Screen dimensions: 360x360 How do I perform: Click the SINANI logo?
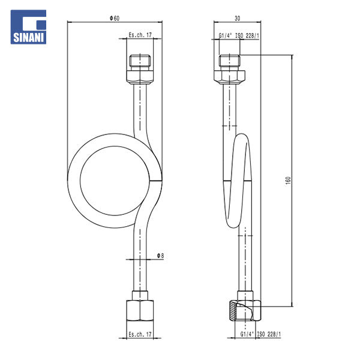pos(28,27)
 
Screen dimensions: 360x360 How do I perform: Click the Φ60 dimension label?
pos(115,18)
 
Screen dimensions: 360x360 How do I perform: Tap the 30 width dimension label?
pos(238,18)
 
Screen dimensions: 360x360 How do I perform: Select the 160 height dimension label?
pos(289,181)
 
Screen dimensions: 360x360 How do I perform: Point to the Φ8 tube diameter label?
pos(160,256)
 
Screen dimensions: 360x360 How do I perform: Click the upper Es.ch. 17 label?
pos(140,35)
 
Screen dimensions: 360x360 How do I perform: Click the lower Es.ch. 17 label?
pos(140,334)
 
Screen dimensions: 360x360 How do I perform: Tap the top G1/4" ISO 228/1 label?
pos(239,35)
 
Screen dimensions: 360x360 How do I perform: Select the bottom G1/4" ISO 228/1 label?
pos(260,334)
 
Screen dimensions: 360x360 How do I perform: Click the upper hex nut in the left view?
pos(140,77)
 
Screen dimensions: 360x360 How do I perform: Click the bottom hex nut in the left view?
pos(140,310)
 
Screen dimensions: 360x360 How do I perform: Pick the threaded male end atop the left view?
pos(140,61)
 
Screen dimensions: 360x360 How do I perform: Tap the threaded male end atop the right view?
pos(230,61)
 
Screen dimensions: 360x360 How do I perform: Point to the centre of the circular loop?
pos(115,181)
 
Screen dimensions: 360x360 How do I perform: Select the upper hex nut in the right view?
pos(230,77)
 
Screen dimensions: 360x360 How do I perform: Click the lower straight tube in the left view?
pos(140,259)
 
